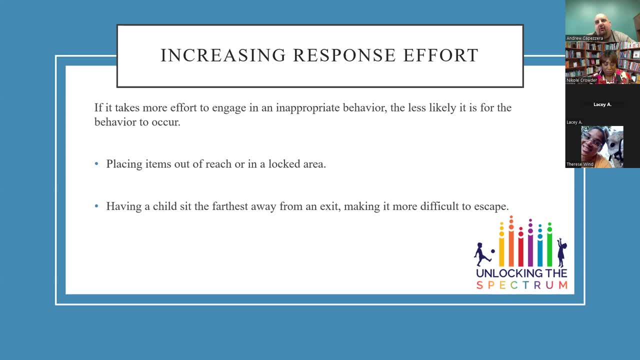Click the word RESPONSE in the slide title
click(x=344, y=55)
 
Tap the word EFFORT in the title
click(x=440, y=55)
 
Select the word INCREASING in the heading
click(x=223, y=55)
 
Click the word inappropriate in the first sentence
click(x=307, y=108)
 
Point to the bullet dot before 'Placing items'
click(x=96, y=163)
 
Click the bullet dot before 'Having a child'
click(x=96, y=206)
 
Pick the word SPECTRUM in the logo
click(x=521, y=285)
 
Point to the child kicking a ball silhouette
click(x=483, y=254)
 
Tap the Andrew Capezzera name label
click(x=584, y=38)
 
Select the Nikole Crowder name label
click(x=581, y=80)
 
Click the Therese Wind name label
click(x=579, y=164)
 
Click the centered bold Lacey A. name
click(x=602, y=104)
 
